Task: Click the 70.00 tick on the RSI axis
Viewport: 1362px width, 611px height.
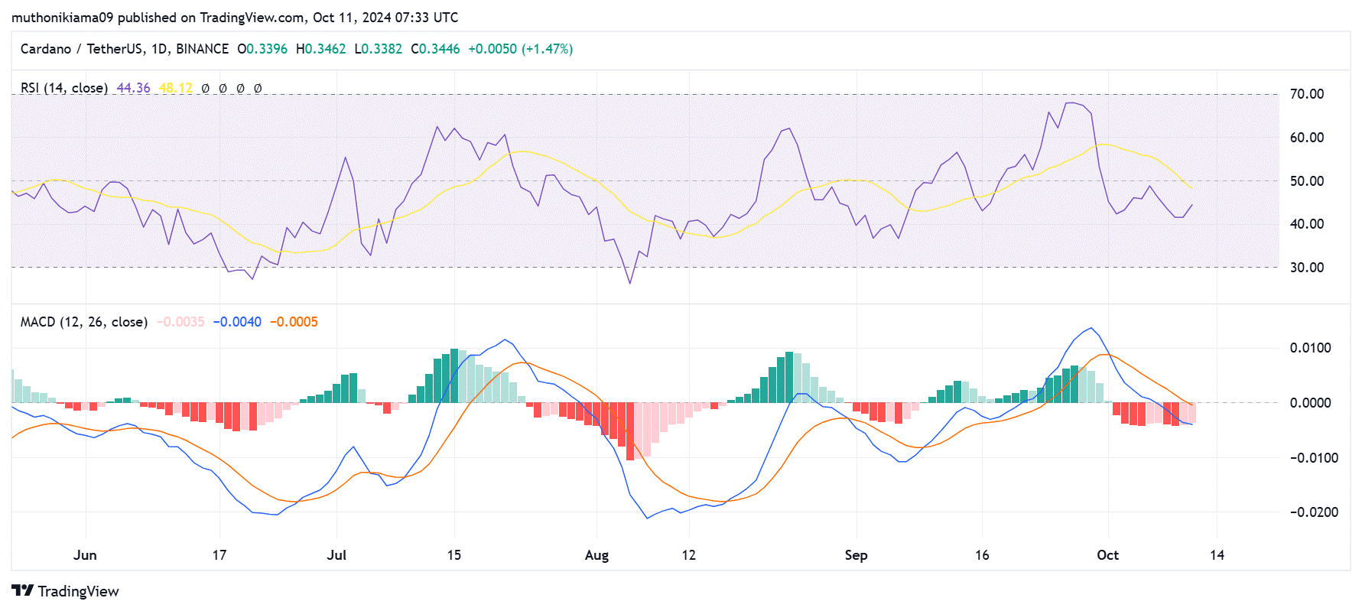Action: click(x=1306, y=94)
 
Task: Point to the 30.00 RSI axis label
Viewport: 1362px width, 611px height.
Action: click(x=1306, y=268)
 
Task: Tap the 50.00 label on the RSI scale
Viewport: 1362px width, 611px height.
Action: click(x=1306, y=181)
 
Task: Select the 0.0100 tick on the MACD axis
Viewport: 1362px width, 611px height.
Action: click(x=1310, y=348)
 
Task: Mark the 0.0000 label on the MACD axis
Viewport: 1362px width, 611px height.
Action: click(x=1310, y=403)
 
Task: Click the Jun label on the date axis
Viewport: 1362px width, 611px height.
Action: click(x=85, y=555)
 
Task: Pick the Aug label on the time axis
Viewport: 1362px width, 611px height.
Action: click(x=596, y=555)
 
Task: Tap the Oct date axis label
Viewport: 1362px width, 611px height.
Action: click(x=1107, y=555)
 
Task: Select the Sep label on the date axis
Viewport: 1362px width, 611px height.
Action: click(x=856, y=555)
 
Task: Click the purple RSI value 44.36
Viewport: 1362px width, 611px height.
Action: click(x=133, y=88)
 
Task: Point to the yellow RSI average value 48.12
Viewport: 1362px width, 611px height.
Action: click(x=175, y=88)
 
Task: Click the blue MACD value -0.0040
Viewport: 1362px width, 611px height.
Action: click(x=237, y=322)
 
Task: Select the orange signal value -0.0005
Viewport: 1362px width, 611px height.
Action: click(x=294, y=322)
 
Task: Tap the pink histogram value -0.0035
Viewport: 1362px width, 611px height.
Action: click(x=180, y=322)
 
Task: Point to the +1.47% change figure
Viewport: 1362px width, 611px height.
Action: click(x=548, y=49)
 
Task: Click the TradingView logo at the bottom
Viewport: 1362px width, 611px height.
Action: click(x=66, y=591)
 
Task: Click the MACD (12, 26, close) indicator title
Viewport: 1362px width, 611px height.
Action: click(x=84, y=322)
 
